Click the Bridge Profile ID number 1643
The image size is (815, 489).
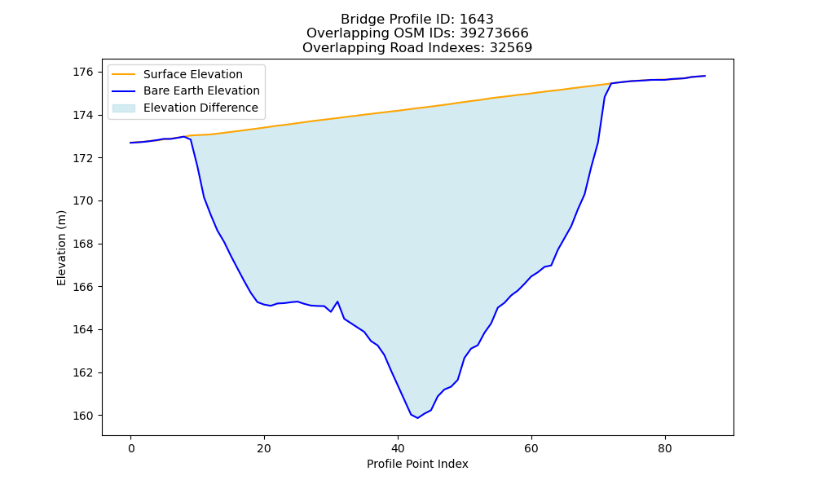coord(476,20)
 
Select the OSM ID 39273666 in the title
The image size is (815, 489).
coord(494,33)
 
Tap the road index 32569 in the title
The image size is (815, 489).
coord(510,48)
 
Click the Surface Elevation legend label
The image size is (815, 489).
coord(193,74)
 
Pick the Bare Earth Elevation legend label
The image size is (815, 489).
coord(201,90)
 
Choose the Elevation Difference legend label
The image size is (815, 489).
coord(200,108)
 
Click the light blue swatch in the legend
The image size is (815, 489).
coord(124,108)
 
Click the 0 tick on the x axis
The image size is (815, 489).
coord(131,448)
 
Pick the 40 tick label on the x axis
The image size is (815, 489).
coord(398,448)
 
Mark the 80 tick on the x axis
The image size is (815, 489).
coord(665,448)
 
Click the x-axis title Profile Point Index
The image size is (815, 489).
coord(417,464)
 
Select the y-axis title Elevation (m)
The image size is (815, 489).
coord(62,248)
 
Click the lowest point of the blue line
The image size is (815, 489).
coord(417,418)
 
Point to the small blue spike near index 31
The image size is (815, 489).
coord(337,302)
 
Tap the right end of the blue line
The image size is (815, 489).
coord(705,76)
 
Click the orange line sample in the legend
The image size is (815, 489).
coord(124,74)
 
